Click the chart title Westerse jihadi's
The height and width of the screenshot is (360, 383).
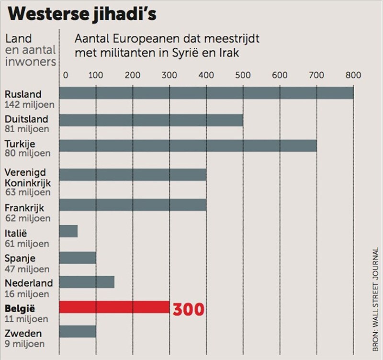point(82,14)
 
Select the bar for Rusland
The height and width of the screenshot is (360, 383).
point(206,93)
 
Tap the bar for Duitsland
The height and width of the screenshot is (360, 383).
point(151,120)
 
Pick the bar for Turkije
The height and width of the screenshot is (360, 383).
point(188,146)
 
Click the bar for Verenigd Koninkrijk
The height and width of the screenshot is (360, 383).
point(133,174)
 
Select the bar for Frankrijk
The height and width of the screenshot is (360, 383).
point(133,204)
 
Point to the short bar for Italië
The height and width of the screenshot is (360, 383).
point(68,231)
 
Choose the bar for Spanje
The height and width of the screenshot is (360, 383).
point(78,258)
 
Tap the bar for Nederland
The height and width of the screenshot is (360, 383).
point(87,282)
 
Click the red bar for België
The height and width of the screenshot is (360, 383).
point(114,307)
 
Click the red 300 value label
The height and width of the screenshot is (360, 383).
point(189,309)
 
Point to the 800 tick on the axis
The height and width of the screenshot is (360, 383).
point(353,75)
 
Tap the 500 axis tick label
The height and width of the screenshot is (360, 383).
point(243,75)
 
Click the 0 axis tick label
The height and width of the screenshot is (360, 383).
point(65,75)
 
